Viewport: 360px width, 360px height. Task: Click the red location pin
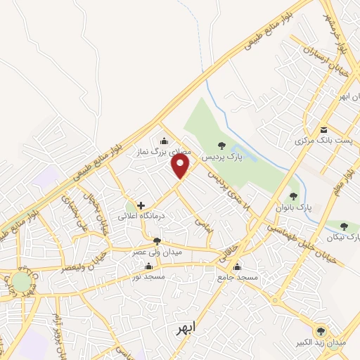tap(181, 166)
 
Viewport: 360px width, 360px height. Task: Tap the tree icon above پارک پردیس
tap(222, 146)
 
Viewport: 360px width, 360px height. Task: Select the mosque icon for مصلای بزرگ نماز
tap(164, 140)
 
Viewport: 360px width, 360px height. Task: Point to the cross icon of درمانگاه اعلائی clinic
tap(141, 205)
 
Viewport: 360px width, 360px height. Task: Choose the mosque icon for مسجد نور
tap(148, 266)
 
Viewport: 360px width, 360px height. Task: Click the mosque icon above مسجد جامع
tap(237, 266)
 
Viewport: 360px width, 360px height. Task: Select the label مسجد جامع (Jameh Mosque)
tap(238, 278)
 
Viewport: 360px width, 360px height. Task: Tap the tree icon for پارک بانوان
tap(293, 196)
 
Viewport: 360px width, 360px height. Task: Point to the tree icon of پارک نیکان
tap(344, 226)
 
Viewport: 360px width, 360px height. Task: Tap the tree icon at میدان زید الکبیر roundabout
tap(321, 330)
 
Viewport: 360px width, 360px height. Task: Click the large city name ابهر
tap(186, 328)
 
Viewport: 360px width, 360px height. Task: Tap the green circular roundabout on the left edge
tap(21, 282)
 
